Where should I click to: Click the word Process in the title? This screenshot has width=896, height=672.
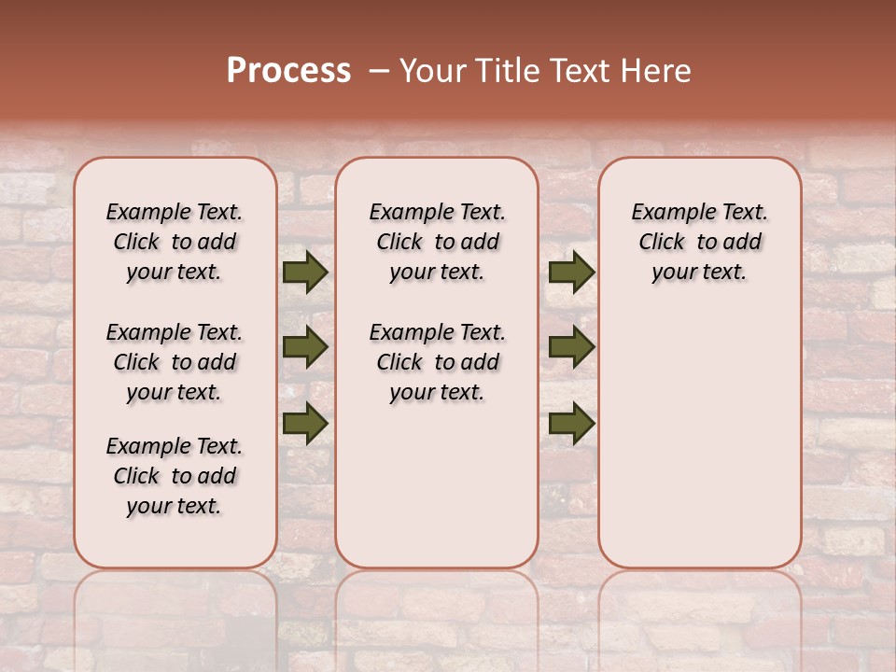288,70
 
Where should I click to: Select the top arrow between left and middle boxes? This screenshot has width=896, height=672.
305,273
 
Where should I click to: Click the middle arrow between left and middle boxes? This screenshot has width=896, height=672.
305,348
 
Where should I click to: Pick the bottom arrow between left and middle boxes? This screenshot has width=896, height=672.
305,423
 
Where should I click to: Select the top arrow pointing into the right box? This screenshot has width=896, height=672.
571,273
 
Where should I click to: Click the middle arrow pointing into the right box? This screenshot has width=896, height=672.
571,348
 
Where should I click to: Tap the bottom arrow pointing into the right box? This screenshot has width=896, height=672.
571,423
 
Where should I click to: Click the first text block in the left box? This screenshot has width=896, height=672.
175,242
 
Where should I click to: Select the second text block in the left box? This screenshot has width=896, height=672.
175,362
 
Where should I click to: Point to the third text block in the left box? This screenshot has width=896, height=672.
175,476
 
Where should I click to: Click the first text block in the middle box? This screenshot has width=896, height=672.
438,242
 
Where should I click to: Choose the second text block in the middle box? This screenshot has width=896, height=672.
438,362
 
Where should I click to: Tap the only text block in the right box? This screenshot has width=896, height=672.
700,242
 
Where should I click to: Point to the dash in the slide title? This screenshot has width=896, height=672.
379,70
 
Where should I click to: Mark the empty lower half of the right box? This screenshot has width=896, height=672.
700,448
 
